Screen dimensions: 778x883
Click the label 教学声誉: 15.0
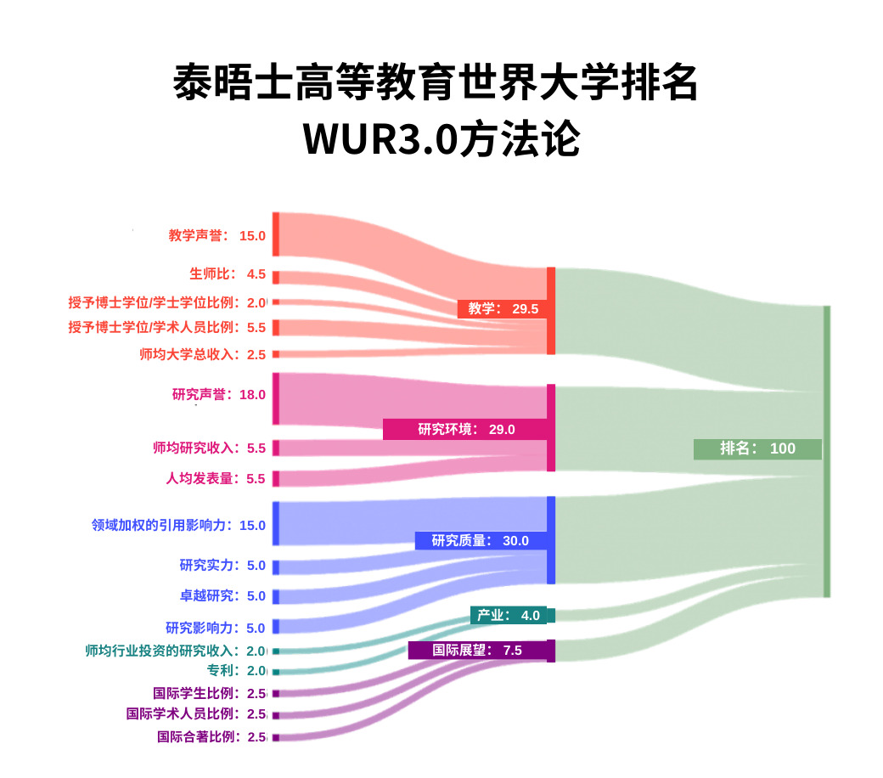[x=217, y=236]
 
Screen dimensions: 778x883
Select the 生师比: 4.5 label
[x=228, y=274]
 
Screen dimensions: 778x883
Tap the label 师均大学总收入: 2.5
[x=202, y=354]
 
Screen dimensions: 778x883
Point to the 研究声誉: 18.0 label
[x=218, y=395]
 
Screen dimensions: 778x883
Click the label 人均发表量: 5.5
[x=216, y=478]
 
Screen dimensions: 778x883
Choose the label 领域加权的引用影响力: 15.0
[x=178, y=525]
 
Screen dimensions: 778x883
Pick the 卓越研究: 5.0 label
[x=222, y=595]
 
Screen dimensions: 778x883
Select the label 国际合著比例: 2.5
[x=211, y=736]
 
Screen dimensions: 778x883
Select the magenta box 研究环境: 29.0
[x=466, y=429]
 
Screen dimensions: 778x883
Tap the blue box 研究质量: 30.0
[x=481, y=540]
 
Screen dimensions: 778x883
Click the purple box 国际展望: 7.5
[x=477, y=651]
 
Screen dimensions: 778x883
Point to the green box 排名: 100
[x=757, y=448]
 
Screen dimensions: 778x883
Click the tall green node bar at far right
[x=826, y=451]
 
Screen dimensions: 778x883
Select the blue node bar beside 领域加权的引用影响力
[x=275, y=523]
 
